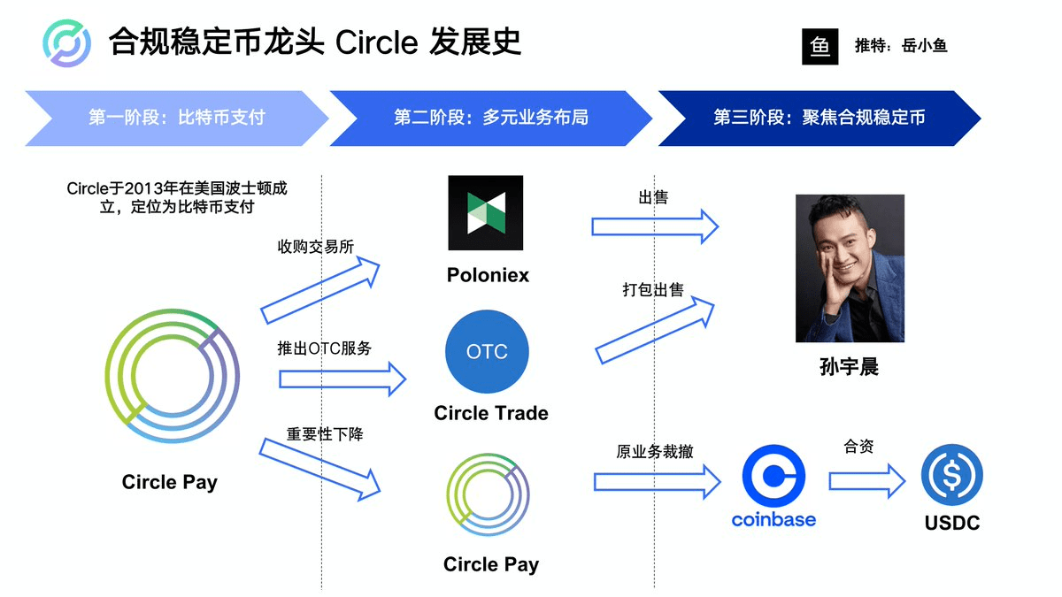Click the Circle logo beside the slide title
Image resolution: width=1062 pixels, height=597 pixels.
tap(67, 43)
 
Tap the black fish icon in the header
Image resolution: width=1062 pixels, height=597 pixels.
tap(820, 46)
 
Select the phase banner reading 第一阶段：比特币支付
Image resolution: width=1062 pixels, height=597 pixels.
tap(176, 118)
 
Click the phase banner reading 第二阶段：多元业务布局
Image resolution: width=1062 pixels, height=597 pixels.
tap(490, 118)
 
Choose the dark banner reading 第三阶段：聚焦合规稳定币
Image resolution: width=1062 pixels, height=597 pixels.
tap(820, 118)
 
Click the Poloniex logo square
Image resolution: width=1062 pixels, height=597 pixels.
tap(486, 213)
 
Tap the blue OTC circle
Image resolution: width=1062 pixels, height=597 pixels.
tap(487, 352)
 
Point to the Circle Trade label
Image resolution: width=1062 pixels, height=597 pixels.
tap(491, 413)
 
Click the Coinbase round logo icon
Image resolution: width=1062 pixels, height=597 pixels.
tap(773, 476)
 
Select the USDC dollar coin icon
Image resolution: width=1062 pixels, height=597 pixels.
tap(952, 475)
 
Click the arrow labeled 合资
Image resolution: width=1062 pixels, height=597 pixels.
tap(867, 481)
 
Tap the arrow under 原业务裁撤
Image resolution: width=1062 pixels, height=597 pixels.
tap(657, 482)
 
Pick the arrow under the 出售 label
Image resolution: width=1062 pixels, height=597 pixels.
tap(655, 226)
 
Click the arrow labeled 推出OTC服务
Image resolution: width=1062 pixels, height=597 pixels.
tap(342, 379)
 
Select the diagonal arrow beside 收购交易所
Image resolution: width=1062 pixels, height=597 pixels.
tap(320, 290)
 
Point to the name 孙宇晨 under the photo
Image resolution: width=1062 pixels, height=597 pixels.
tap(849, 367)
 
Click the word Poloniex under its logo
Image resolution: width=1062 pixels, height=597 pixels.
tap(488, 275)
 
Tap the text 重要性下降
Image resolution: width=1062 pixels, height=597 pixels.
tap(325, 434)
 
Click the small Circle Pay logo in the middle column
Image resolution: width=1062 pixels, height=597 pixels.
tap(488, 494)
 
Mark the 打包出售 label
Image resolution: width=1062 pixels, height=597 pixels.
tap(653, 289)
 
